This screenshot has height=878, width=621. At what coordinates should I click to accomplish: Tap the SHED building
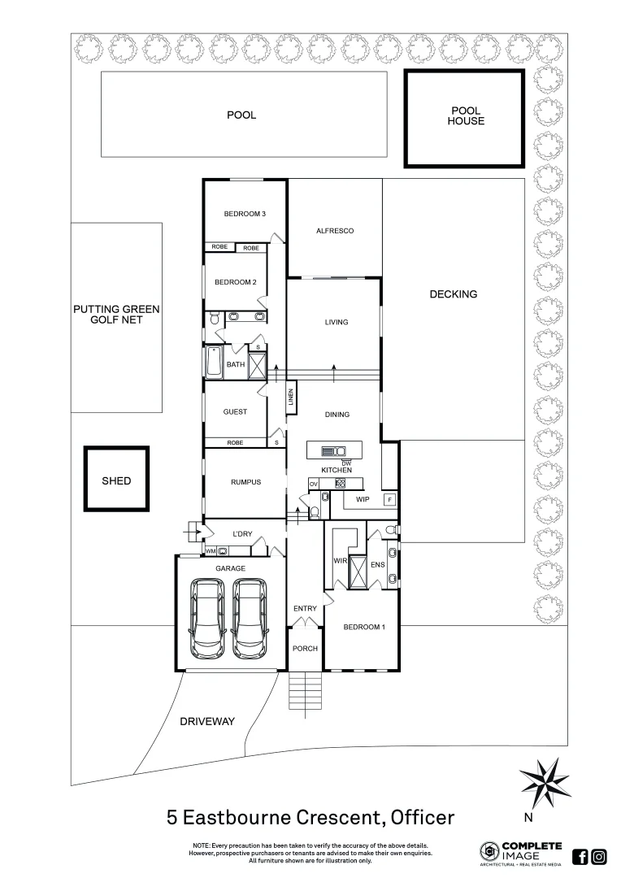pyautogui.click(x=116, y=480)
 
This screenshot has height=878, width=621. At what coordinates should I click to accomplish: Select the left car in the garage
pyautogui.click(x=208, y=619)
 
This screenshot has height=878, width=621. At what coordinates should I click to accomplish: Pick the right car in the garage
pyautogui.click(x=250, y=619)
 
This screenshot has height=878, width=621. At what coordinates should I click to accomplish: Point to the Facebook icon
pyautogui.click(x=580, y=856)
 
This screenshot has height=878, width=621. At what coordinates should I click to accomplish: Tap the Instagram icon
pyautogui.click(x=599, y=856)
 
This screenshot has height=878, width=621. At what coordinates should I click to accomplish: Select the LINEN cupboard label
pyautogui.click(x=291, y=398)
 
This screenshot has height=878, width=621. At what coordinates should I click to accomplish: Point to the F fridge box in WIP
pyautogui.click(x=389, y=499)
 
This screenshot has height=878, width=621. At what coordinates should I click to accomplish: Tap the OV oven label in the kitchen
pyautogui.click(x=313, y=485)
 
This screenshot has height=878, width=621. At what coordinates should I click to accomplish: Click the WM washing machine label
pyautogui.click(x=210, y=551)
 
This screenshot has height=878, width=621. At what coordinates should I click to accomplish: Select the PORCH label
pyautogui.click(x=306, y=649)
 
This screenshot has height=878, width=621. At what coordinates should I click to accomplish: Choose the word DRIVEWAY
pyautogui.click(x=207, y=721)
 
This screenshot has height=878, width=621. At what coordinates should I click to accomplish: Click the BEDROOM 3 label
pyautogui.click(x=245, y=214)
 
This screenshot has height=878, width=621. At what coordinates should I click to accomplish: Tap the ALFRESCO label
pyautogui.click(x=335, y=231)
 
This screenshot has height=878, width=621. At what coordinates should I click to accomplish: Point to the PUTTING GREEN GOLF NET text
pyautogui.click(x=116, y=315)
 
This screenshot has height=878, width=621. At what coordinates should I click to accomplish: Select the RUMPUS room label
pyautogui.click(x=245, y=482)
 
